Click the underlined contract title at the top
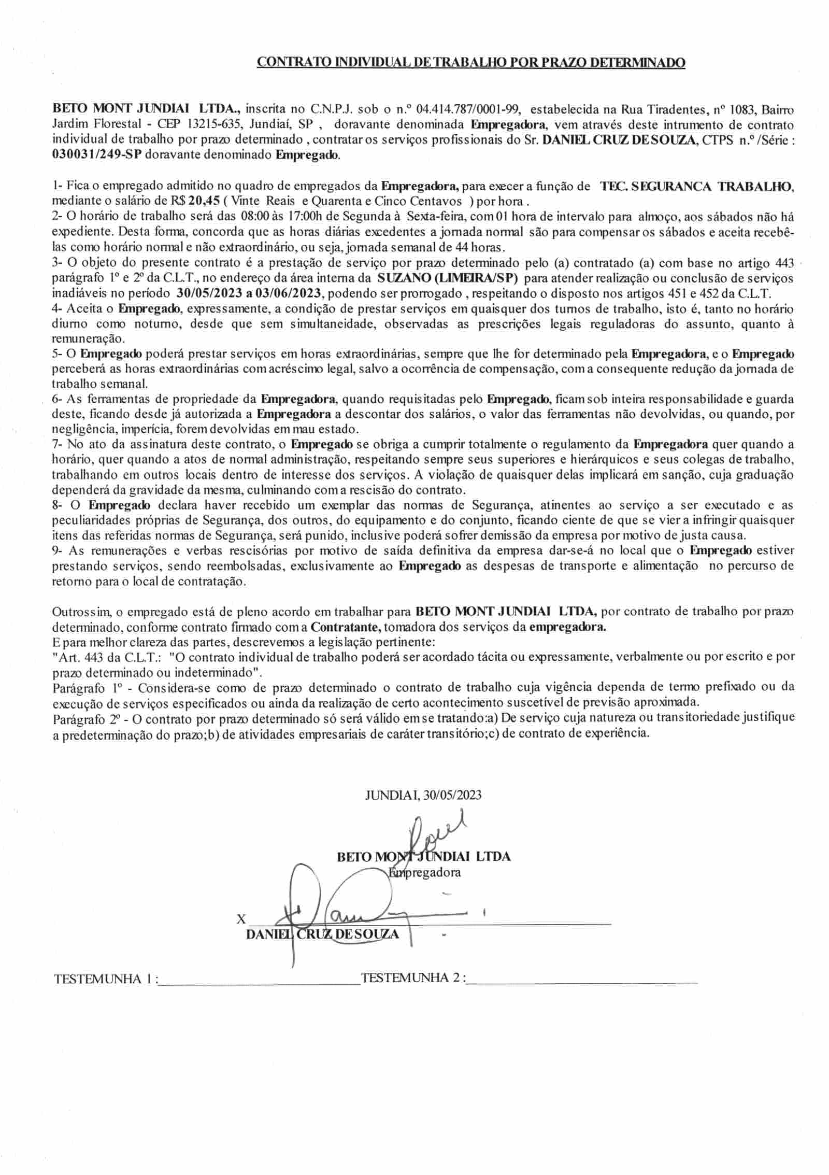click(471, 63)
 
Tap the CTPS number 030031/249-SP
click(97, 155)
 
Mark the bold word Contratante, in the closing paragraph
click(346, 627)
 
